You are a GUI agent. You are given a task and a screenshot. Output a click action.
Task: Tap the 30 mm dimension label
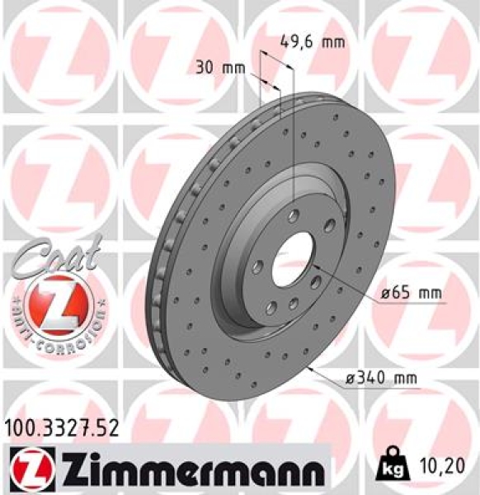point(217,67)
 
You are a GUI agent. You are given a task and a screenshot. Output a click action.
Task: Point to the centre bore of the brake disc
point(293,255)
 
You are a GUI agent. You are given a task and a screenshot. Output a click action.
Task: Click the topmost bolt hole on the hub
point(293,215)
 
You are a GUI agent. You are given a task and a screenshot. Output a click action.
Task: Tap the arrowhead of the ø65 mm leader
point(313,266)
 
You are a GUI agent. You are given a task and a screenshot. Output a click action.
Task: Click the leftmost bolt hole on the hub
point(257,266)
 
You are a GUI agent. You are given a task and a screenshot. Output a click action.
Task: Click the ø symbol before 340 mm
point(351,379)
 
